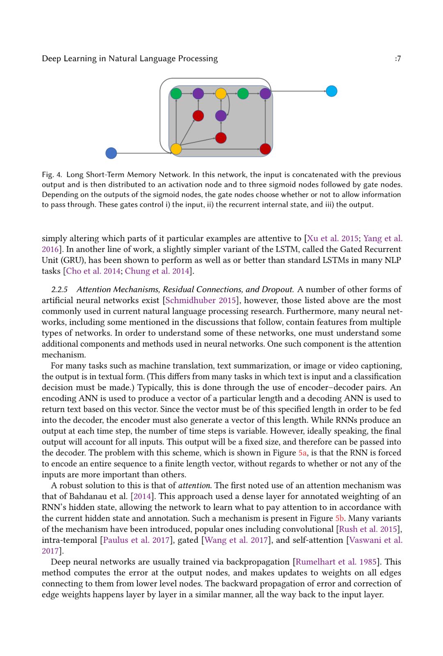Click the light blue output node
(331, 91)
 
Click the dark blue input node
(111, 153)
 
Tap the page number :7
(397, 59)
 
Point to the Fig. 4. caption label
(52, 175)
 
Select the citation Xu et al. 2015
(333, 238)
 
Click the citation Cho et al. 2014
(93, 271)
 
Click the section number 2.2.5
(59, 289)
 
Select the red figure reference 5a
(302, 453)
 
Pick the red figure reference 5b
(339, 518)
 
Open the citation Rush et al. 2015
(368, 529)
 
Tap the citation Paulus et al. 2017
(136, 540)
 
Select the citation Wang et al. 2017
(236, 540)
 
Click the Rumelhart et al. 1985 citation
(336, 562)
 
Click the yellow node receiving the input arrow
(176, 149)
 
